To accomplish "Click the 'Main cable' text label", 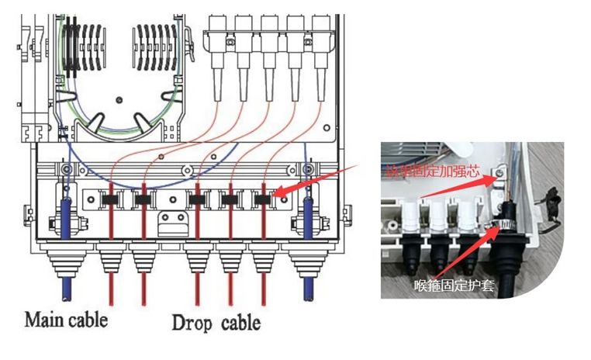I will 66,318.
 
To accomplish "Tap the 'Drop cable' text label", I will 216,320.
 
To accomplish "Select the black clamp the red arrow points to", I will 264,200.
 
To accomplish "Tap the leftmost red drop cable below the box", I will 112,295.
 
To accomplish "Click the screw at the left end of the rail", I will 67,168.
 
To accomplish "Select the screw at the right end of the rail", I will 308,168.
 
